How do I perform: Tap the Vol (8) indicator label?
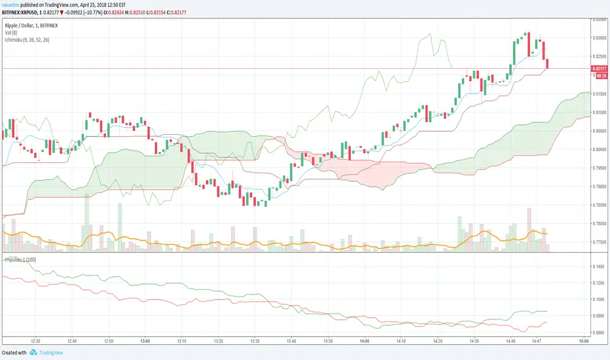pyautogui.click(x=12, y=33)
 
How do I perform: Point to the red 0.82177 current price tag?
pyautogui.click(x=599, y=69)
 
